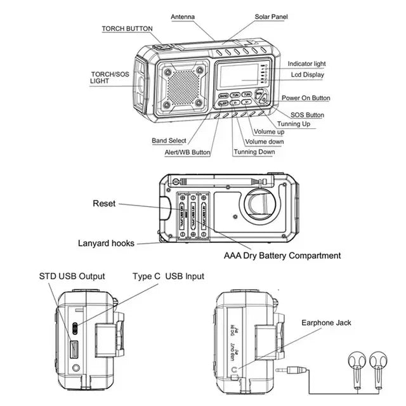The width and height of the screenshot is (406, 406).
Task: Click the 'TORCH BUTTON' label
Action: pos(127,29)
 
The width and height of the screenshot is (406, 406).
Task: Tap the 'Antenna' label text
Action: pos(183,16)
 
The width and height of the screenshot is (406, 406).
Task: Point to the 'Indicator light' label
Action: pos(307,64)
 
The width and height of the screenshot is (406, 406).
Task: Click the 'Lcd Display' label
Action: pos(307,75)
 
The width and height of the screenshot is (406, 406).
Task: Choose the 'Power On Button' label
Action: pos(306,98)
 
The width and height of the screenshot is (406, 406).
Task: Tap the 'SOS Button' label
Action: pos(303,115)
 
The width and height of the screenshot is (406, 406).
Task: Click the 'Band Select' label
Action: pos(169,141)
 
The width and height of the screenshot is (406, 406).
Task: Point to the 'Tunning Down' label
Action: pos(254,152)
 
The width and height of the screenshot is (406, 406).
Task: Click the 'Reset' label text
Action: pos(104,204)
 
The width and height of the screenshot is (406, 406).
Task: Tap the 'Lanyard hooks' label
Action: pos(106,243)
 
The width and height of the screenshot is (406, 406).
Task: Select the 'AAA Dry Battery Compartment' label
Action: pos(282,256)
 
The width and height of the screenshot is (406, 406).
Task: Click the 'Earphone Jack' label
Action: pos(326,323)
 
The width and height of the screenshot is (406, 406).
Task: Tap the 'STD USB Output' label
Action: pos(72,277)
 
